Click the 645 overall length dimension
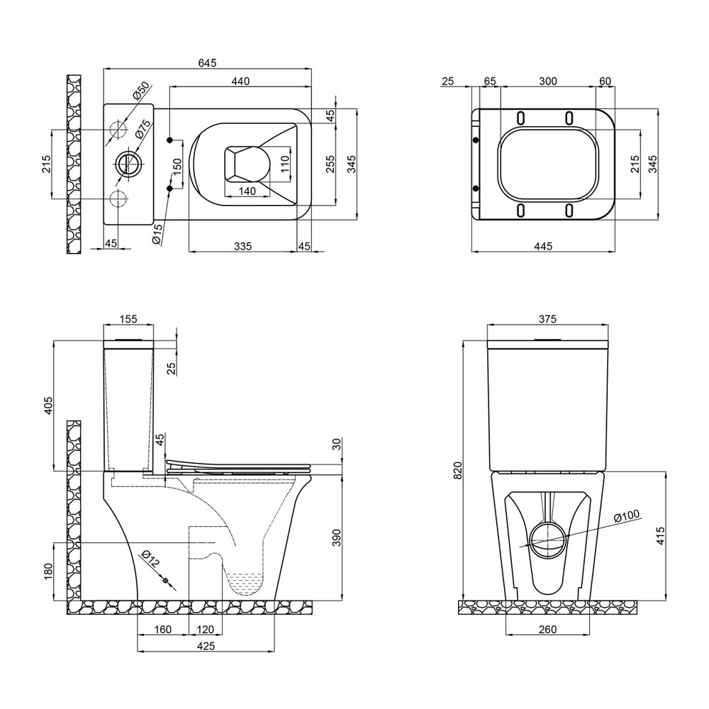tap(207, 63)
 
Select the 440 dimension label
tap(240, 82)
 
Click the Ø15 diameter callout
tap(158, 233)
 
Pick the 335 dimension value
tap(242, 245)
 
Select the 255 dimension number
tap(330, 164)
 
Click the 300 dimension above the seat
tap(547, 82)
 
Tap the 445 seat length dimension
tap(543, 245)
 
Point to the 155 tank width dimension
tap(128, 320)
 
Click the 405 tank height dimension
tap(48, 405)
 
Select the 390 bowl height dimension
tap(337, 539)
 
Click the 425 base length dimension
tap(205, 645)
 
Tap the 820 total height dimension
tap(457, 469)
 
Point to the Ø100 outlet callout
tap(627, 517)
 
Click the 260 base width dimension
tap(547, 629)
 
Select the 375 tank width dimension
tap(547, 320)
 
